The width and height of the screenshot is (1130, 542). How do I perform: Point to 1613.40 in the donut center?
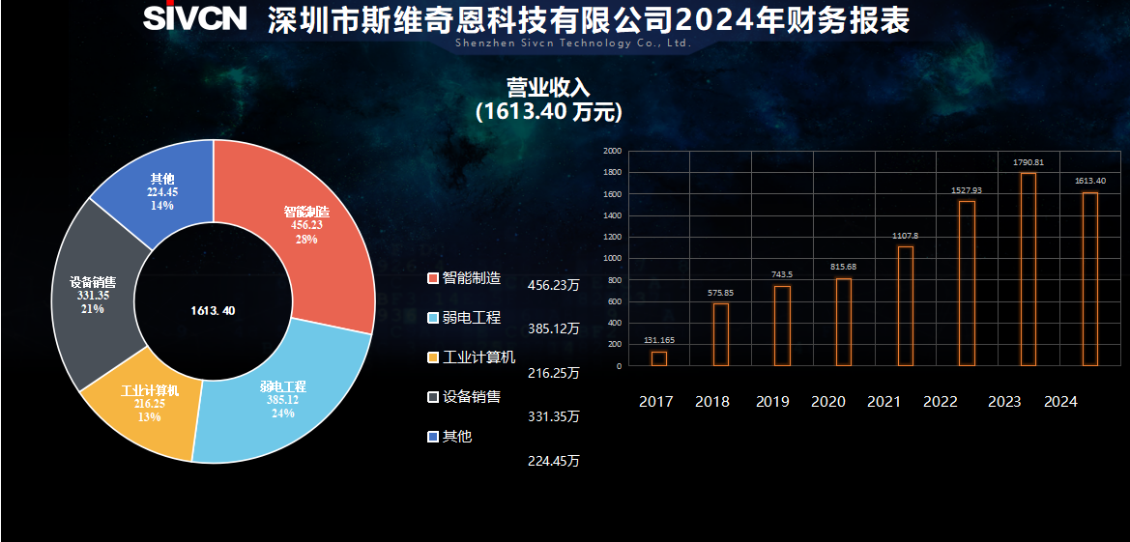tap(213, 311)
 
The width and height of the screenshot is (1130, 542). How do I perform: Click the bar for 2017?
tap(659, 358)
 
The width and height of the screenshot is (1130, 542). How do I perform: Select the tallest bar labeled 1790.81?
tap(1029, 270)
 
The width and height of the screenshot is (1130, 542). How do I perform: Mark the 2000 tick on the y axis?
tap(612, 152)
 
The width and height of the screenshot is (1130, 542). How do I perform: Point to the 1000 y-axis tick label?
tap(612, 259)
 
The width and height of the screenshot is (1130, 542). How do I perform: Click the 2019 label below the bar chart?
tap(772, 402)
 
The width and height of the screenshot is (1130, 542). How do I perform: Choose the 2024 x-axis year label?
tap(1060, 402)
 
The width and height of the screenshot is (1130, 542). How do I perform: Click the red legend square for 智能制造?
tap(432, 279)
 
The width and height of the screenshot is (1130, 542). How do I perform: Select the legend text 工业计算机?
tap(478, 357)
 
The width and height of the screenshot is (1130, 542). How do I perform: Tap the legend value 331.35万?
tap(554, 417)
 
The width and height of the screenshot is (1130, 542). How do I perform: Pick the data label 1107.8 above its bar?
tap(906, 236)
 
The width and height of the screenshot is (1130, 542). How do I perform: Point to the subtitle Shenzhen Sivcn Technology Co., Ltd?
tap(573, 43)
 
